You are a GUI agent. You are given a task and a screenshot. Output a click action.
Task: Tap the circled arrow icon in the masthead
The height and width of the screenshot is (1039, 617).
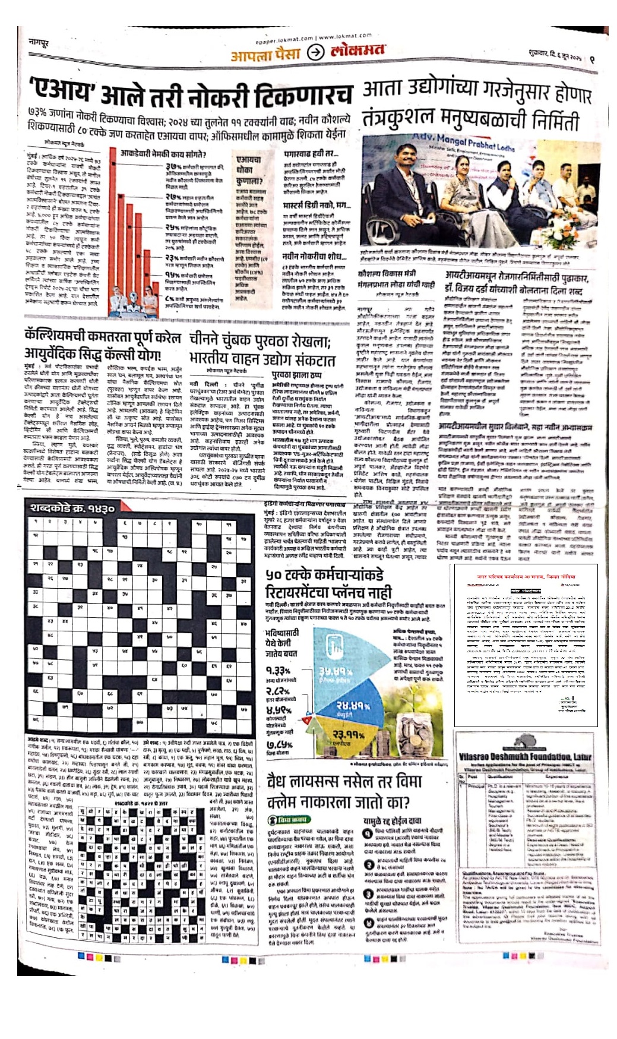[x=315, y=53]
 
